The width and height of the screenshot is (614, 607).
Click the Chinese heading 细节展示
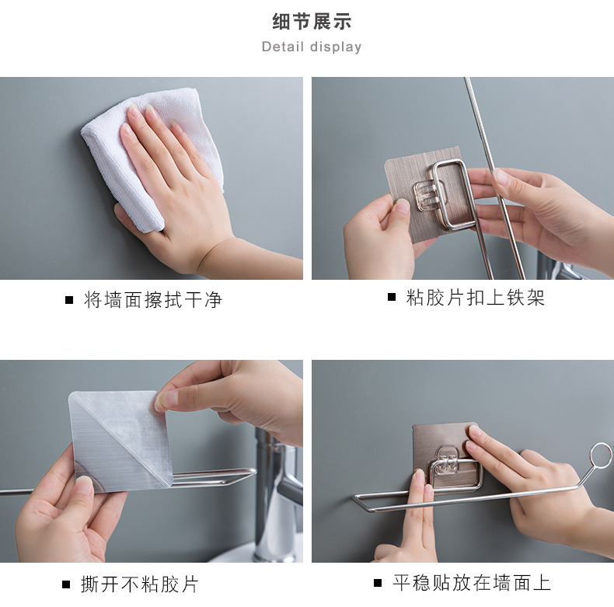[312, 21]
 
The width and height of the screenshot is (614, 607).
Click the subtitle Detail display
[312, 47]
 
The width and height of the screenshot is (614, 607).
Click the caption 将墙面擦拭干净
[153, 300]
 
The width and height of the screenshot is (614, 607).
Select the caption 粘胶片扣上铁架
[476, 298]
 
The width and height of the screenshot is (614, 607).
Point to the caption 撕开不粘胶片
[140, 584]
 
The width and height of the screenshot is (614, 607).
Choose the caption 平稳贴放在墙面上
[472, 583]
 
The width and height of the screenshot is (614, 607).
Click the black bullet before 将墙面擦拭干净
[69, 300]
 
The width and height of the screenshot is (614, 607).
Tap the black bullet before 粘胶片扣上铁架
[392, 297]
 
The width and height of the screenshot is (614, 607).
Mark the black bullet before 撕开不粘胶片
[66, 584]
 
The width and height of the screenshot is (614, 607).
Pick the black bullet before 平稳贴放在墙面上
[378, 583]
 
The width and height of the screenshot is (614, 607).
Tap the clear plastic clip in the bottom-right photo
[447, 463]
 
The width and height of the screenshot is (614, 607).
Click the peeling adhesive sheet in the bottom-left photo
[120, 441]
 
